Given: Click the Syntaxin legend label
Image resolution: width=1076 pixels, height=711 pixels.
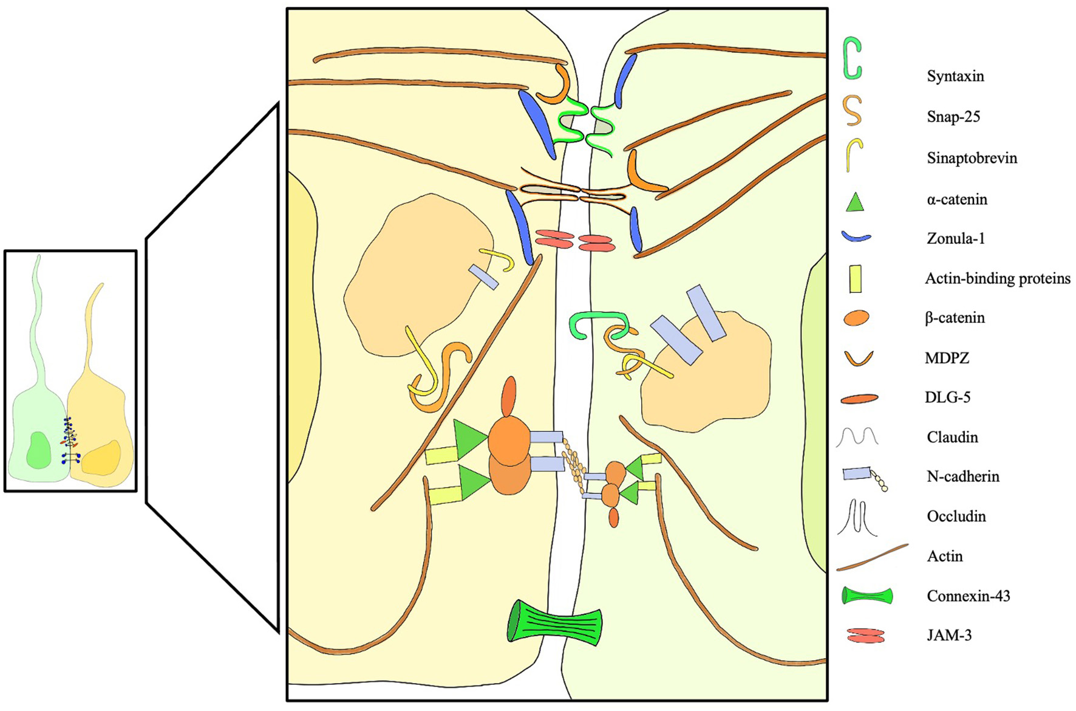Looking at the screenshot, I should pos(955,77).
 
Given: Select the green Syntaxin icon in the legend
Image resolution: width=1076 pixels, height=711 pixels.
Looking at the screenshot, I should pos(853,58).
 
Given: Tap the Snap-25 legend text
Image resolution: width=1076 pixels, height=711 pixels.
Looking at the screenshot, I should pos(953,117).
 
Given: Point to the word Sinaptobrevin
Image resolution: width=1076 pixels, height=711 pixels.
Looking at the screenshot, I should pos(972,158).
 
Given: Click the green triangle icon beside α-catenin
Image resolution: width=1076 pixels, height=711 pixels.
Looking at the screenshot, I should pos(854,202).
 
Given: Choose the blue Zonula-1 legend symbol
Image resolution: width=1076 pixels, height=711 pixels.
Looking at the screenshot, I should pos(856,238).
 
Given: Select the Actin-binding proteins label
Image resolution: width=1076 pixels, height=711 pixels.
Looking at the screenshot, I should pos(997,278).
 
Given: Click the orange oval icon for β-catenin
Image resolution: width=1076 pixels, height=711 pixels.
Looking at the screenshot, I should pos(856,318).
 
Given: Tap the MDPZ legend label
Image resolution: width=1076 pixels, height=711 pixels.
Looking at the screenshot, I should pos(947,358).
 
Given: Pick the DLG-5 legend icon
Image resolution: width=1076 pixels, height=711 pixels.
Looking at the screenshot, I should pos(859,399).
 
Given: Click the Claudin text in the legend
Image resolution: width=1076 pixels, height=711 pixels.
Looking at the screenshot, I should pos(952,437).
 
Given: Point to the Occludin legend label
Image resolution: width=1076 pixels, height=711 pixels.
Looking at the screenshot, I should pos(956,516).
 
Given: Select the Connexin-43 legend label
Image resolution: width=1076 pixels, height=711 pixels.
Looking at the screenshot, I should pos(968,596).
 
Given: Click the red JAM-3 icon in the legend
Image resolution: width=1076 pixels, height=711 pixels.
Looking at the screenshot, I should pos(866,636).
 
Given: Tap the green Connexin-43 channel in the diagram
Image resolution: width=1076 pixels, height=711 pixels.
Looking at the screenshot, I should pos(554,622).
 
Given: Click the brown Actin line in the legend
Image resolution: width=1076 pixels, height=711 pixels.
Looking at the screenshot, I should pos(872,557).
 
